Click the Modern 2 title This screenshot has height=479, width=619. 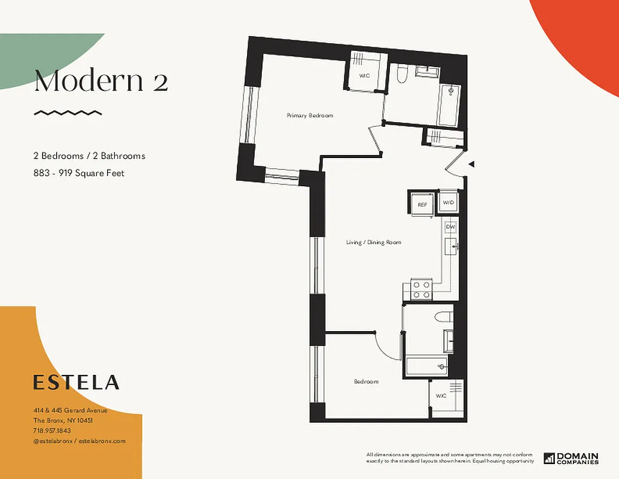click(x=100, y=81)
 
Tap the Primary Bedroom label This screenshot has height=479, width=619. click(x=309, y=116)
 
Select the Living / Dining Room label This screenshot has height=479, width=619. click(x=373, y=242)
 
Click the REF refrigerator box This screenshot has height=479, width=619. click(x=422, y=204)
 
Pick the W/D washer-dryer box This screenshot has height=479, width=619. click(x=448, y=203)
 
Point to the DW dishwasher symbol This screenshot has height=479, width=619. click(x=451, y=227)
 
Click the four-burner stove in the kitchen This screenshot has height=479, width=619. click(x=422, y=290)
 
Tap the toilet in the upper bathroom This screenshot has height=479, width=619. click(x=402, y=75)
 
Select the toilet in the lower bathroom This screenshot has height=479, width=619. click(x=443, y=317)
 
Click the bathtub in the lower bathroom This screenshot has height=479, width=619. click(x=426, y=365)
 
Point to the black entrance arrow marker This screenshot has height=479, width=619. click(x=471, y=164)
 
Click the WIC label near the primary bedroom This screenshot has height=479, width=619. click(x=364, y=76)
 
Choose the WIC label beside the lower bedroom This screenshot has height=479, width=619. click(x=441, y=396)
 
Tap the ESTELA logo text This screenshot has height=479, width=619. click(x=76, y=382)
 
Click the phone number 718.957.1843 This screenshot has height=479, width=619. click(x=52, y=431)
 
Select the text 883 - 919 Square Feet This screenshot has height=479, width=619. click(x=78, y=173)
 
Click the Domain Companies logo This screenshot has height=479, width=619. click(x=571, y=458)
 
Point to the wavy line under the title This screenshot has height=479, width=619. click(x=68, y=113)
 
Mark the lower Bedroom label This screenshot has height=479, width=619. click(x=366, y=381)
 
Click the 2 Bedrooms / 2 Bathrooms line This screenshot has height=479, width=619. click(x=89, y=156)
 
